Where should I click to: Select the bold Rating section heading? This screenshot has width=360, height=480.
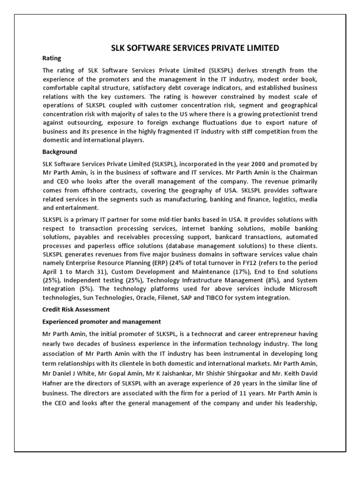coord(52,59)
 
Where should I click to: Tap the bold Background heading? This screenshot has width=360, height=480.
coord(60,152)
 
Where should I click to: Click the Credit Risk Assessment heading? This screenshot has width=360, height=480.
coord(76,309)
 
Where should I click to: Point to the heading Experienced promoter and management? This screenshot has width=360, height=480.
coord(102,322)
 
